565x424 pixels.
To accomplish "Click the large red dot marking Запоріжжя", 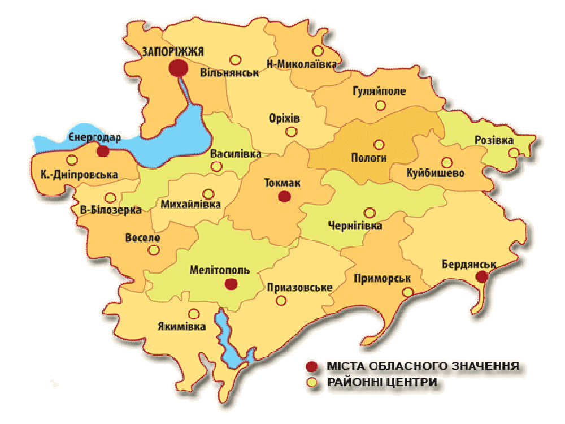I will [178, 68].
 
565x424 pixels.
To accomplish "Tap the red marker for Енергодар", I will [102, 151].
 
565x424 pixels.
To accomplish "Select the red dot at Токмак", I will [284, 197].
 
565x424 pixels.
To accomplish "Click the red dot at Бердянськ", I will [481, 276].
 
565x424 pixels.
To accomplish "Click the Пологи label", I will [369, 158].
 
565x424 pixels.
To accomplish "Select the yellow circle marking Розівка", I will [514, 153].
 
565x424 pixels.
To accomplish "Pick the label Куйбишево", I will [435, 173].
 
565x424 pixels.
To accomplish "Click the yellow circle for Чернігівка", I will [370, 213].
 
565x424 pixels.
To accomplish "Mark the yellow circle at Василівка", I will [216, 166].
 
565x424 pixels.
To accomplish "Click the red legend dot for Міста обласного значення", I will [310, 366].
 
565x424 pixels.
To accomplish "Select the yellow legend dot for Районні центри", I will [310, 382].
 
